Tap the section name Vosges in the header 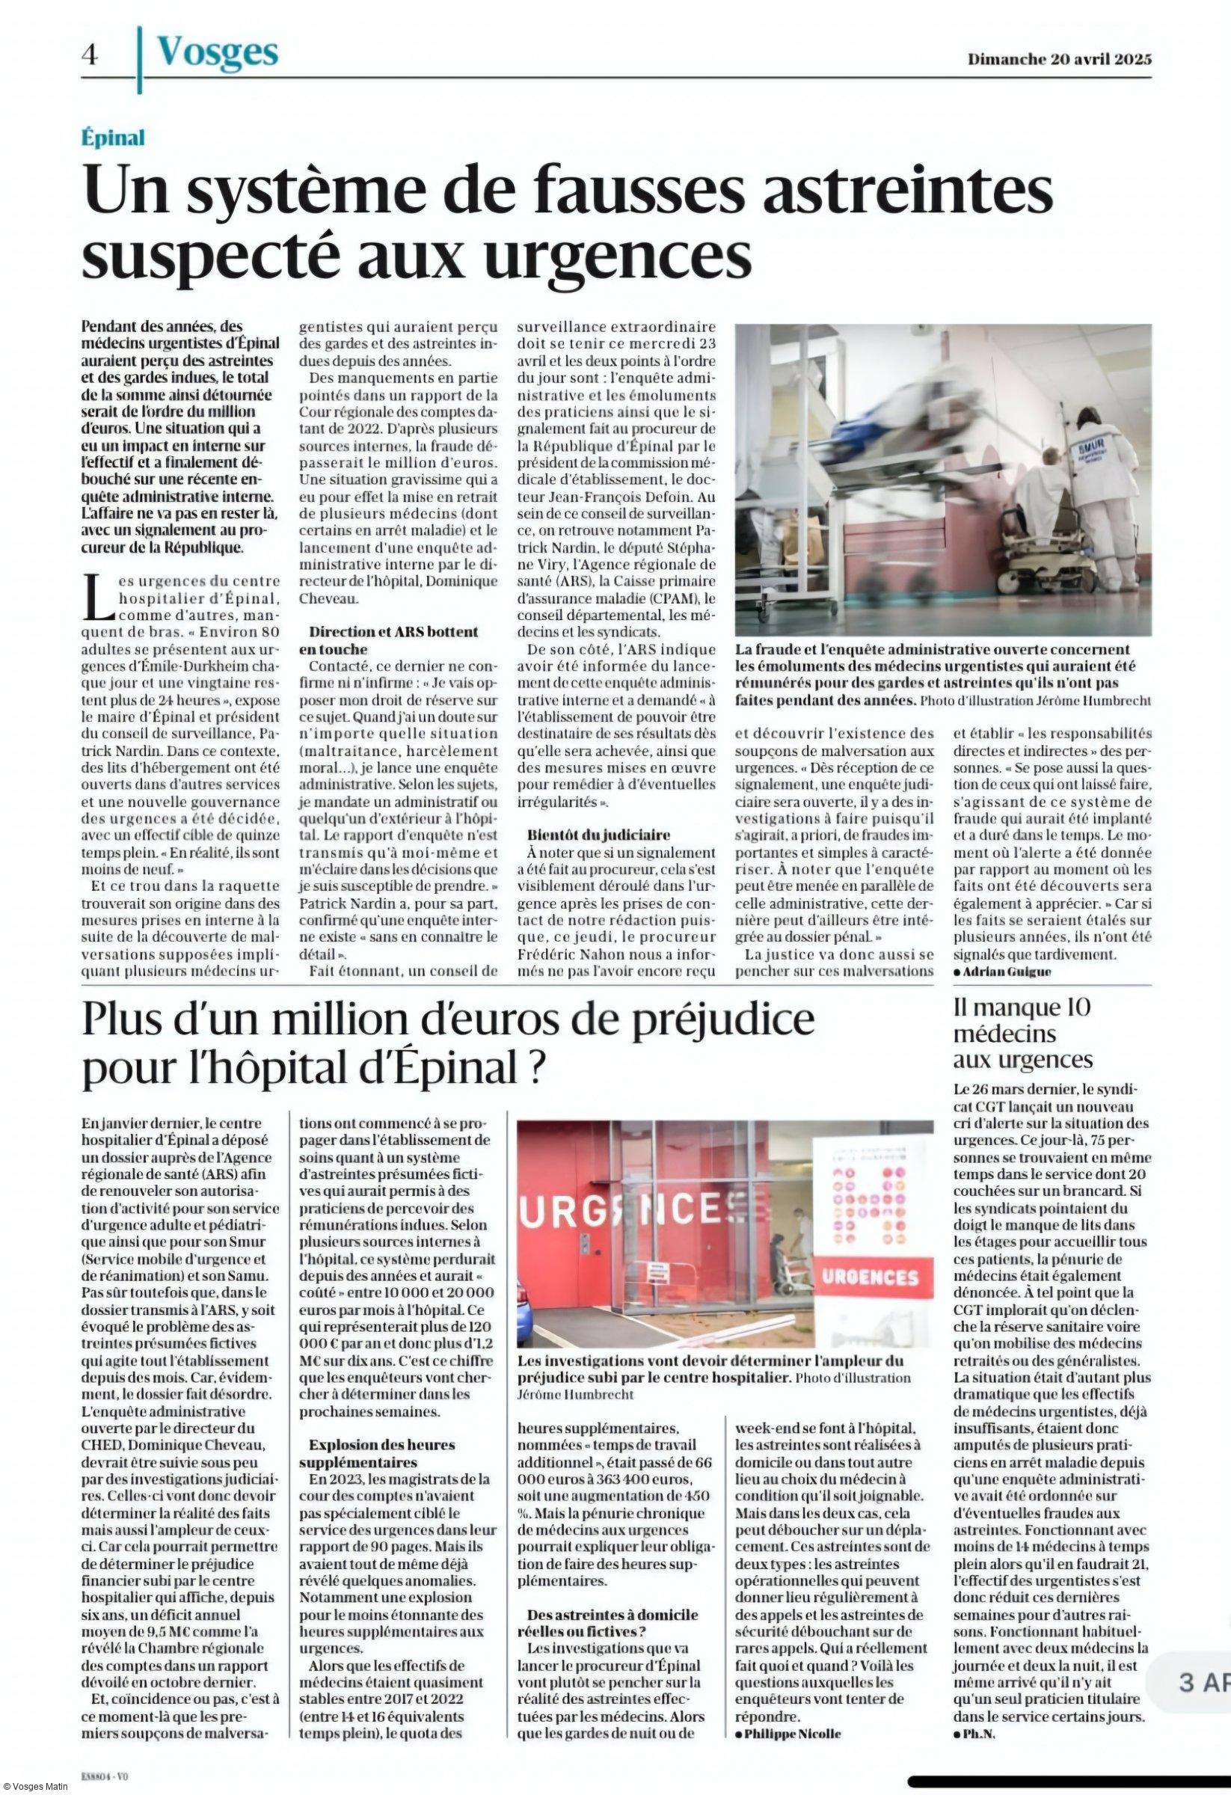coord(217,53)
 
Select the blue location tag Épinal coord(113,138)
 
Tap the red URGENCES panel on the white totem coord(868,1277)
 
